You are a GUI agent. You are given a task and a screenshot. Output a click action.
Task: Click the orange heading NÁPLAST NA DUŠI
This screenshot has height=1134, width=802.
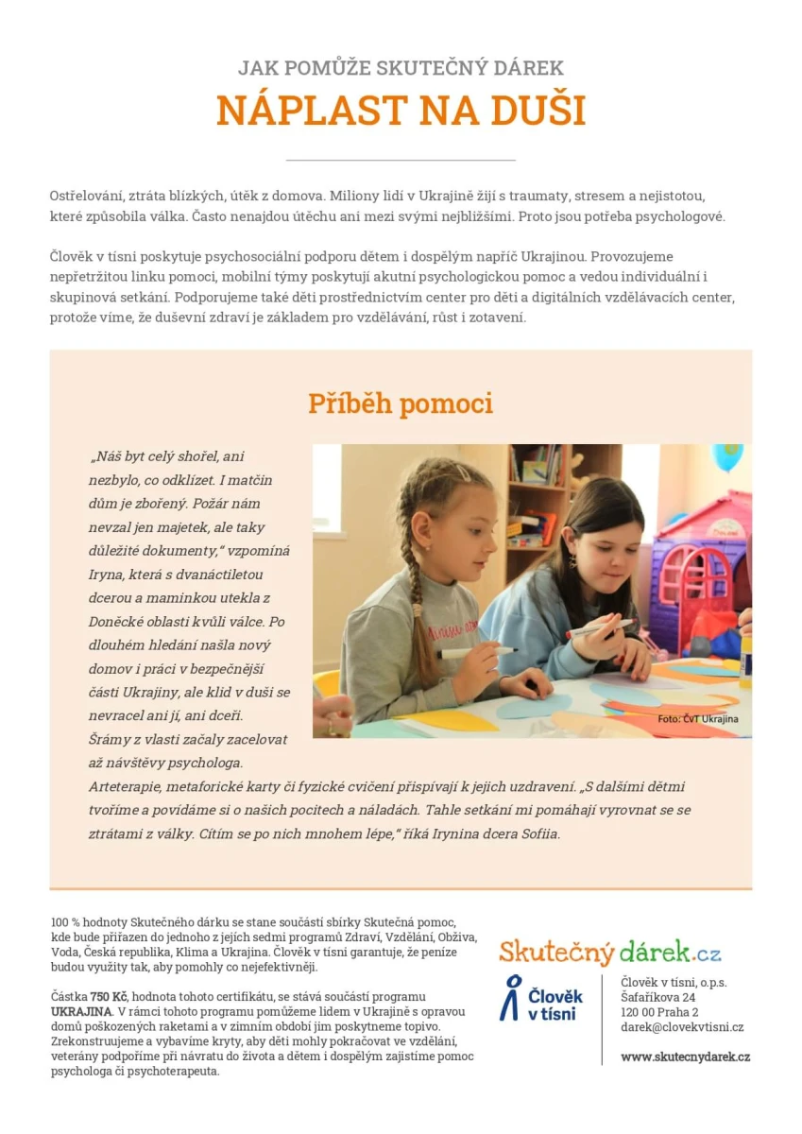[401, 111]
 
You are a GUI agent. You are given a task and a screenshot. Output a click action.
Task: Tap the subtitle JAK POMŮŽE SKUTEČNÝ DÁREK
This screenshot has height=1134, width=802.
[401, 68]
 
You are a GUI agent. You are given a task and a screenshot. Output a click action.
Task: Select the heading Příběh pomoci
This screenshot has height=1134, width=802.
[401, 404]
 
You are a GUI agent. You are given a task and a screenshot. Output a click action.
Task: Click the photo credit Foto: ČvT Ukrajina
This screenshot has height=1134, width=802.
[698, 719]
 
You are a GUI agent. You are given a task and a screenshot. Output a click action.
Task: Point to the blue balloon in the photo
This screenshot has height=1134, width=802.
[727, 455]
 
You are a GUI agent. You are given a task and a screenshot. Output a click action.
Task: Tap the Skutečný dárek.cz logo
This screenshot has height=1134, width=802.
[610, 951]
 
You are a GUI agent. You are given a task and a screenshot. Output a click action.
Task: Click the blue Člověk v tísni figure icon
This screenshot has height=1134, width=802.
[511, 998]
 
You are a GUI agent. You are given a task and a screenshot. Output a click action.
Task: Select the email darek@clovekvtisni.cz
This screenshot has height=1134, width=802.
[682, 1027]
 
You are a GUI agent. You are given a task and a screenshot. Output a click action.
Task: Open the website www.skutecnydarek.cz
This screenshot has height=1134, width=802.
[685, 1057]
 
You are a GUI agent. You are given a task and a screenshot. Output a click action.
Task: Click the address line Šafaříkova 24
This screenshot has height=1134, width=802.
[658, 997]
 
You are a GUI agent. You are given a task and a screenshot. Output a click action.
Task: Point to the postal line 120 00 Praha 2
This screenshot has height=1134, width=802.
[659, 1012]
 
